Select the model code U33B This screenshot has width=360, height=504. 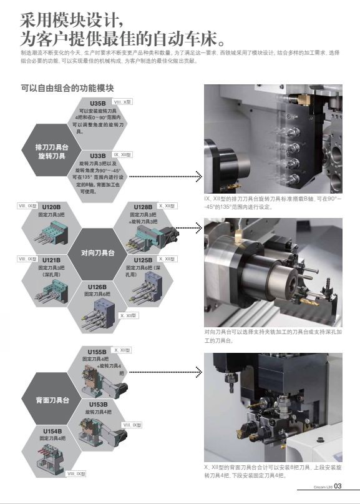tap(97, 156)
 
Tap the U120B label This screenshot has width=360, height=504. tap(51, 207)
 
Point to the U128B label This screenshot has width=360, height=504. tap(143, 207)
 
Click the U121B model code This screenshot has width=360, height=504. tap(51, 260)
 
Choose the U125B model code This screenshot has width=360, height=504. tap(143, 260)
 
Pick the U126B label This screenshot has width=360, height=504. tap(97, 287)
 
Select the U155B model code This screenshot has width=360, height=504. tap(97, 352)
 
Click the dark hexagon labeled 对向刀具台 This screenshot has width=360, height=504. tap(98, 254)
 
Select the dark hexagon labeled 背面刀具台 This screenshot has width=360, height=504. tap(52, 398)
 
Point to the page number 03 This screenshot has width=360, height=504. tap(338, 487)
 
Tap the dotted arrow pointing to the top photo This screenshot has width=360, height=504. tap(165, 176)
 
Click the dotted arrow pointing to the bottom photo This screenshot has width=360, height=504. tap(165, 373)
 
